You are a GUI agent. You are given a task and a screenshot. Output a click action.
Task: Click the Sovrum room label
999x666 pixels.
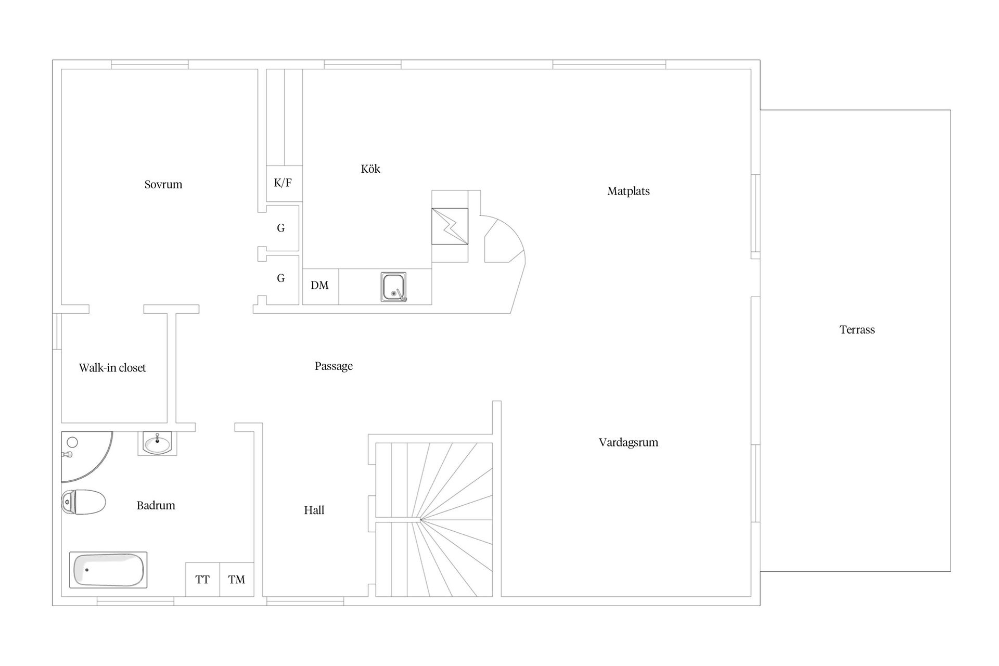point(163,184)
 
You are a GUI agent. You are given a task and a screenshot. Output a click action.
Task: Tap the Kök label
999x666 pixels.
point(370,169)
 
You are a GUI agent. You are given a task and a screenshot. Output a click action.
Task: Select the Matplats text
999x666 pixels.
point(629,191)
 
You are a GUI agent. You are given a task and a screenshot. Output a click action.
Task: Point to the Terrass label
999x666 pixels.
point(857,329)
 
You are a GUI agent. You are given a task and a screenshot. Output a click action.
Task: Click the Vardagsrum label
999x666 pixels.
point(629,442)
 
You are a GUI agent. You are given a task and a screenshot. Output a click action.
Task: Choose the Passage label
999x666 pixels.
point(334,366)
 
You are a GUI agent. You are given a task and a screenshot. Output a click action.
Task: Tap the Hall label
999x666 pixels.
point(314,510)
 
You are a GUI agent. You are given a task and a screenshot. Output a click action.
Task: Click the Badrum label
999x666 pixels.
point(156,505)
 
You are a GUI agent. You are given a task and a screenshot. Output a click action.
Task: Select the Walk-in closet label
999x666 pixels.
point(112,368)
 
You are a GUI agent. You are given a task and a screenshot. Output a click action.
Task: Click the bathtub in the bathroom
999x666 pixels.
point(108,570)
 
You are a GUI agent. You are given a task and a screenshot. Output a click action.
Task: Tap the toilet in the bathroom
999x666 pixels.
point(83,502)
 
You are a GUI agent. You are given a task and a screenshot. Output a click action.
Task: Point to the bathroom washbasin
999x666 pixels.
point(157,443)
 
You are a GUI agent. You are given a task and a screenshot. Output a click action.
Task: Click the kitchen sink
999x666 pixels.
point(393,287)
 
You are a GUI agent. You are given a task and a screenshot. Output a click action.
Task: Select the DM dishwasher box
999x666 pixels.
point(321,286)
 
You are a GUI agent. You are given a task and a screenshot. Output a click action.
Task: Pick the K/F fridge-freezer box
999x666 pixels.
point(284,183)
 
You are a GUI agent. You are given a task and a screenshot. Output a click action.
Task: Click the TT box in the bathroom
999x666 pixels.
point(202,579)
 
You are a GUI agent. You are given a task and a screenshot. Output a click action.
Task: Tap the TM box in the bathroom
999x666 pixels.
point(237,579)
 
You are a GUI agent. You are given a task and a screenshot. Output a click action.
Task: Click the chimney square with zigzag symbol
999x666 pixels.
point(450,226)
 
